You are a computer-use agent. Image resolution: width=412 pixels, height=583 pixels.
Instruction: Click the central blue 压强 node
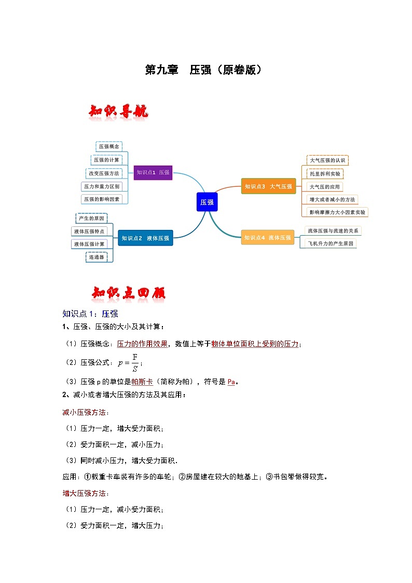207,202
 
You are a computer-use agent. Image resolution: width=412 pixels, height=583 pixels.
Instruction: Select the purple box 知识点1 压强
153,172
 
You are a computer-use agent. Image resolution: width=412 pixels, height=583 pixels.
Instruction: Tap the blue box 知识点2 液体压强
145,238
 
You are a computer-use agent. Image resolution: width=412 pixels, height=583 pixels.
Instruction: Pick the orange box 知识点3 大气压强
268,186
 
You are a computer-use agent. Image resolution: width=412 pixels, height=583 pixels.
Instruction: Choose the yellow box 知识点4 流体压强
268,238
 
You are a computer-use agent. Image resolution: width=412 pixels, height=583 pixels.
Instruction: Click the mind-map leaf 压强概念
109,146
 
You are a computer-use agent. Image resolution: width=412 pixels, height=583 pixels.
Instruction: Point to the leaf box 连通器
97,257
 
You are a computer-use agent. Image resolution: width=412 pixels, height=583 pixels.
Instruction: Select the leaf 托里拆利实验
325,173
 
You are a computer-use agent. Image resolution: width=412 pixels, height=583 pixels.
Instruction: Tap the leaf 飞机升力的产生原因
330,243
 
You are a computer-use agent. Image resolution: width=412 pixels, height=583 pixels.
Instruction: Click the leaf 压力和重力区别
102,186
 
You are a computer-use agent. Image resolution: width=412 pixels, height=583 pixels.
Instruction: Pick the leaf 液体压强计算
89,244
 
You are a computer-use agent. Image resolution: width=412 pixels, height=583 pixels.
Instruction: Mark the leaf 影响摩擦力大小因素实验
337,212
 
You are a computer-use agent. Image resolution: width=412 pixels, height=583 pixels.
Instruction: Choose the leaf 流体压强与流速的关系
333,231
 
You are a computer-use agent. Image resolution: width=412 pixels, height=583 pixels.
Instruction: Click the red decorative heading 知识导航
119,112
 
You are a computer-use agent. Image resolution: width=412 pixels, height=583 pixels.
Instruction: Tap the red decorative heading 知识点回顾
128,293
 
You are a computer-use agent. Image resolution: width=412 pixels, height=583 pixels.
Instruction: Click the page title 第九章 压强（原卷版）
203,70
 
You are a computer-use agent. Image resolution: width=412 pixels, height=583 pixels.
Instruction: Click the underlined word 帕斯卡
142,382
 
